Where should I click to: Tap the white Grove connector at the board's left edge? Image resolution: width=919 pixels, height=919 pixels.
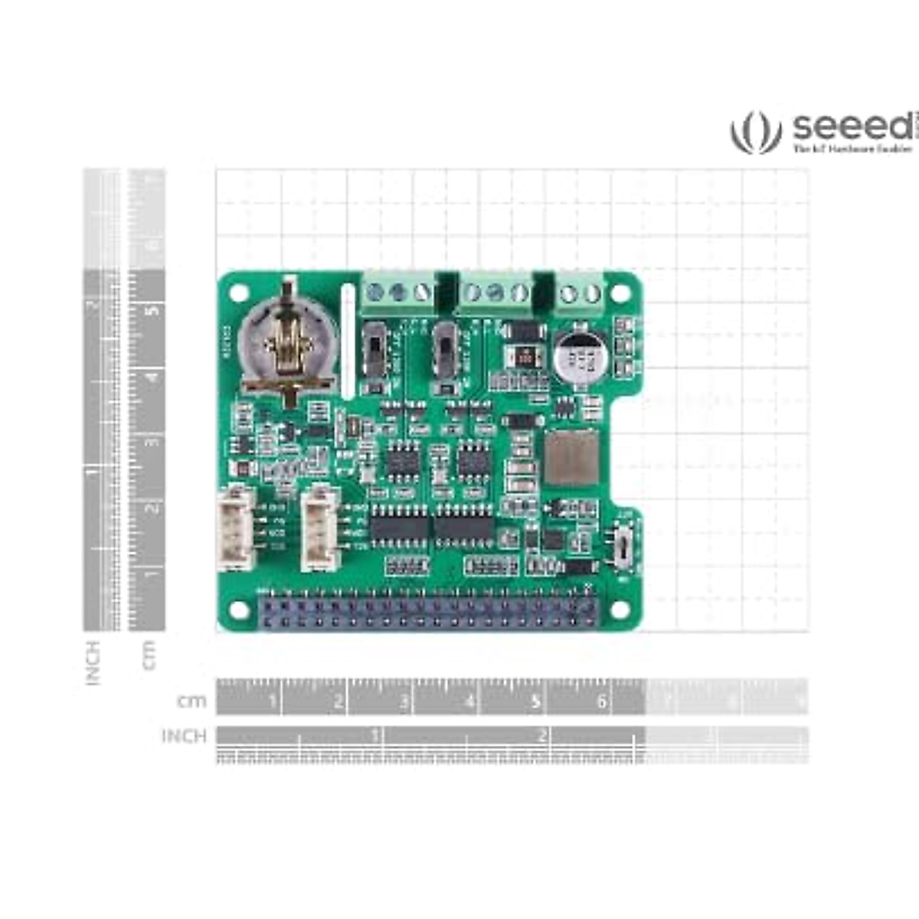coord(236,528)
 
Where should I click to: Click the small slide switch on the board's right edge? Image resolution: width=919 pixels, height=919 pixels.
coord(625,545)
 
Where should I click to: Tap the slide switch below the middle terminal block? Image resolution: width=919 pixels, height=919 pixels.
coord(443,352)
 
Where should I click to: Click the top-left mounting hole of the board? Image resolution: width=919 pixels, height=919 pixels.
coord(239,293)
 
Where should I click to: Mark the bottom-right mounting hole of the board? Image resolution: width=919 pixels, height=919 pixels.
coord(619,610)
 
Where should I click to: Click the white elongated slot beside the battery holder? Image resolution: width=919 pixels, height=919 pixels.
coord(348,341)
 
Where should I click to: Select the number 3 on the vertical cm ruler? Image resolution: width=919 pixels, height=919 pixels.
coord(154,443)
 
